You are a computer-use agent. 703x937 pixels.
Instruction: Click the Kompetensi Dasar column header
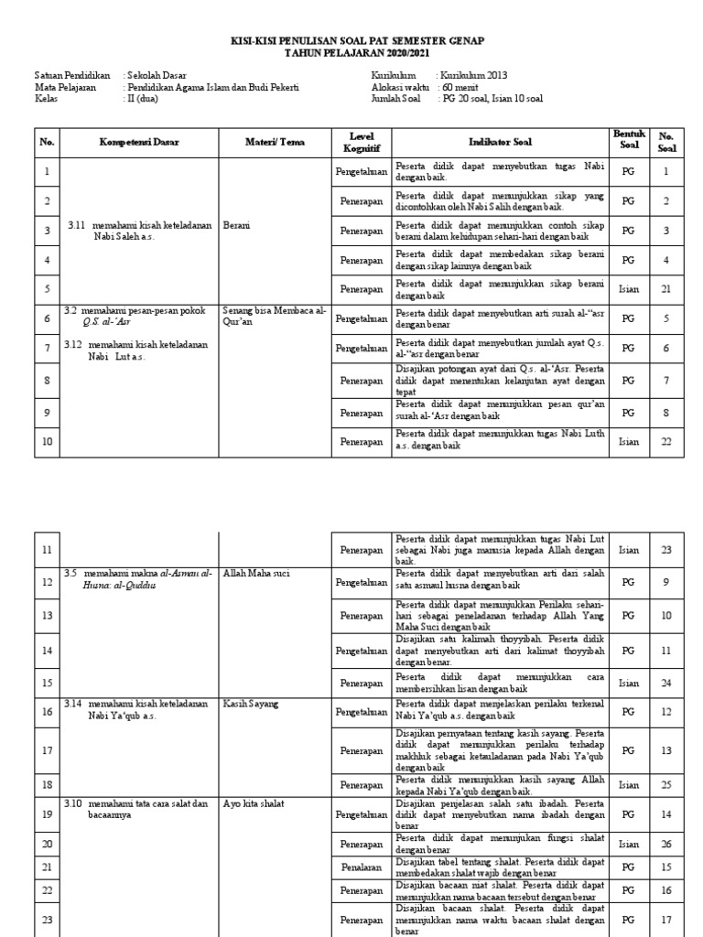click(x=139, y=142)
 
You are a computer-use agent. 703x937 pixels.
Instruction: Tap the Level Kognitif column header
click(x=362, y=142)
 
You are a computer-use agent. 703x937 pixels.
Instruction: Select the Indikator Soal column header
click(x=500, y=142)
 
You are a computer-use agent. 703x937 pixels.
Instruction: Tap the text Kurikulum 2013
click(x=473, y=75)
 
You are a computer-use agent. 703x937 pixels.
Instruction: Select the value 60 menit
click(x=459, y=87)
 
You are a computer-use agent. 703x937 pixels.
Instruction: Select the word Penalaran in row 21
click(x=362, y=866)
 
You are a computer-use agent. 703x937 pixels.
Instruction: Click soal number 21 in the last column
click(x=666, y=289)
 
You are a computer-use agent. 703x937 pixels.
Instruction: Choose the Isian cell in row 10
click(x=628, y=442)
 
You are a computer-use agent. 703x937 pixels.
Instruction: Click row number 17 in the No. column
click(x=48, y=750)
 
